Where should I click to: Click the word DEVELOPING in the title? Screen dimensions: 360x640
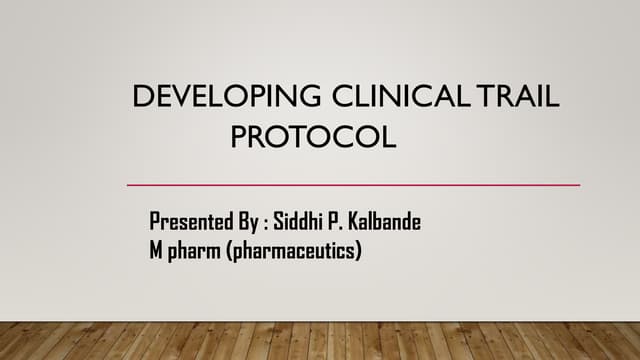point(226,97)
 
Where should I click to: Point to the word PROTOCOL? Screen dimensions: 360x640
point(313,135)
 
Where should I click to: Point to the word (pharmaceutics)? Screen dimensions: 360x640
point(295,251)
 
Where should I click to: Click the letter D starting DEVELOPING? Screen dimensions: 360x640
point(141,97)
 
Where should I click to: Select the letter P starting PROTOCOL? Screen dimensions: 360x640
point(239,135)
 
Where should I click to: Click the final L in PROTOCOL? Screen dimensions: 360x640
point(389,135)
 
